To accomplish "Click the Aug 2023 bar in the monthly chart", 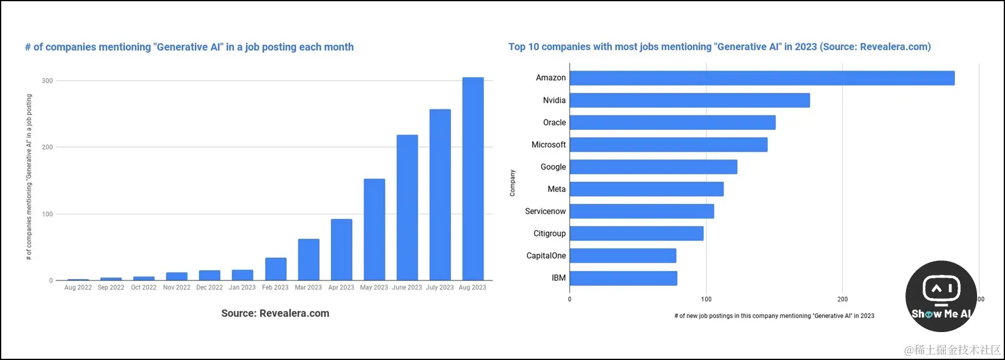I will coord(473,178).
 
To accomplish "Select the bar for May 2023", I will coord(374,229).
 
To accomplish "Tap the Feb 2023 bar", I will coord(276,268).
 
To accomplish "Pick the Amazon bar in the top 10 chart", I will coord(762,78).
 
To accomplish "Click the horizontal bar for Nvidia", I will coord(689,100).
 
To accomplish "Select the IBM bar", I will coord(623,278).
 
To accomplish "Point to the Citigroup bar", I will coord(637,234).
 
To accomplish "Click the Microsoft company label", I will coord(549,144).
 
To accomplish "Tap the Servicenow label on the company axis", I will coord(545,211).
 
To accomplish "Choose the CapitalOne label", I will coord(546,256).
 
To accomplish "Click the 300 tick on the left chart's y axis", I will coord(47,81).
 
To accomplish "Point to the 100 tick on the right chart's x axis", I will coord(706,299).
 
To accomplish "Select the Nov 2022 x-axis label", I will coord(177,288).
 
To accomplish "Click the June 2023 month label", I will coord(407,288).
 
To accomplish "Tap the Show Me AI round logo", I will coord(941,296).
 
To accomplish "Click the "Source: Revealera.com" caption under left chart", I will coord(275,313).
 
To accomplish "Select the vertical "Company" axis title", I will coord(512,183).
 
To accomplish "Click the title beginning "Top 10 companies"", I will coord(719,47).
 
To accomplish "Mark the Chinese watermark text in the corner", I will coord(952,350).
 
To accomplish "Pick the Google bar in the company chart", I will coord(653,167).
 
